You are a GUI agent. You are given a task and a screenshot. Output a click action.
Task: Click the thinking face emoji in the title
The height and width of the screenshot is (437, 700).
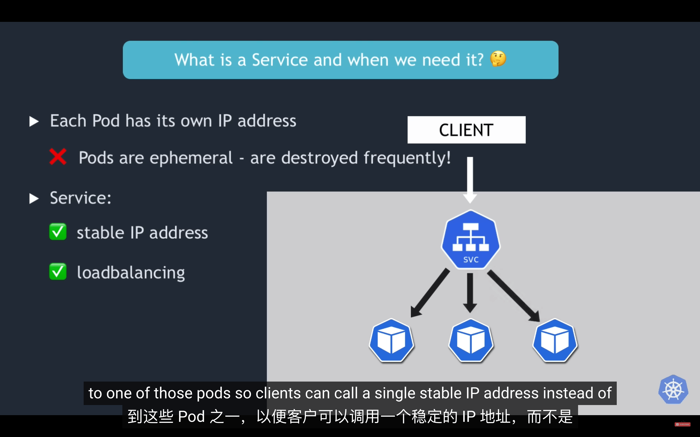498,59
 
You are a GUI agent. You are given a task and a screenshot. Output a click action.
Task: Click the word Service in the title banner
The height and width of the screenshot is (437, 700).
280,60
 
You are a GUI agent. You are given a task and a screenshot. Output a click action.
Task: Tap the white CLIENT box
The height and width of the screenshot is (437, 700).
466,130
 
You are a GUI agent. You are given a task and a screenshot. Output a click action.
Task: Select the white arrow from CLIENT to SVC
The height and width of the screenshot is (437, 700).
470,180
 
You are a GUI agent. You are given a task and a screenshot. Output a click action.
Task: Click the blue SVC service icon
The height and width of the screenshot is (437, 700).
471,239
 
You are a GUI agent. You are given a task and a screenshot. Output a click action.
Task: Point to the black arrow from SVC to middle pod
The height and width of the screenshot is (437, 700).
470,293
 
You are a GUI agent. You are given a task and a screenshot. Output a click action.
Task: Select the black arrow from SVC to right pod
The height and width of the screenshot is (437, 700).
514,296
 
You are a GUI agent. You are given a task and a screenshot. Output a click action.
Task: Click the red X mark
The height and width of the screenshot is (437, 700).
58,157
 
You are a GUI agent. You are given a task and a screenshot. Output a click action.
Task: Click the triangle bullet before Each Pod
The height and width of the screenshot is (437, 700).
34,121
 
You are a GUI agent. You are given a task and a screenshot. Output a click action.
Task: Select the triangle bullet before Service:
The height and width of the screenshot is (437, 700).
34,198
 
